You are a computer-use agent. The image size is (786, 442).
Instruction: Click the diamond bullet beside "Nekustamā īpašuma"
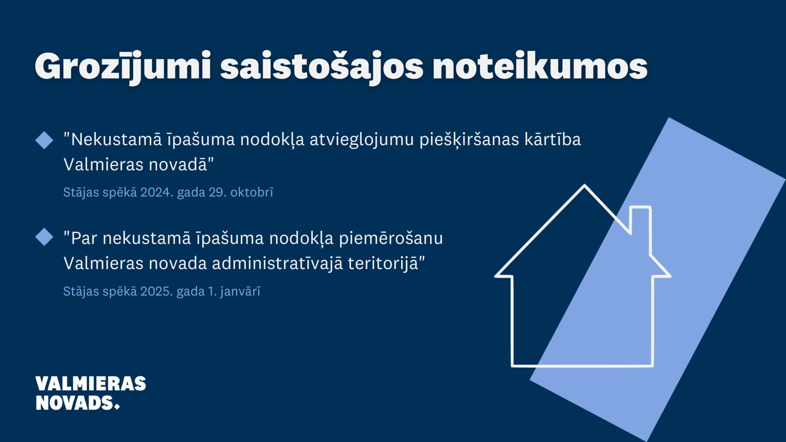tap(44, 140)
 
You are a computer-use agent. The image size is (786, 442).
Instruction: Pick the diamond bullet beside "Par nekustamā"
tap(44, 237)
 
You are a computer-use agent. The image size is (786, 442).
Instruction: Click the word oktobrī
tap(252, 192)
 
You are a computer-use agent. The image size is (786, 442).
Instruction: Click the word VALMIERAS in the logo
tap(90, 384)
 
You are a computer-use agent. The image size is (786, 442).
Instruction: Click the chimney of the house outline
tap(640, 221)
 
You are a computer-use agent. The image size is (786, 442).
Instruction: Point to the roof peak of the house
tap(584, 186)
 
